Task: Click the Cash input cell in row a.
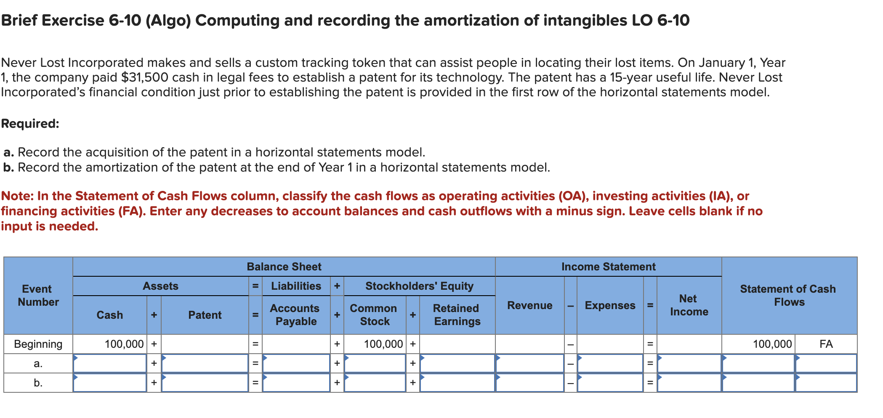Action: pyautogui.click(x=110, y=363)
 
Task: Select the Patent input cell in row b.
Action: pyautogui.click(x=205, y=383)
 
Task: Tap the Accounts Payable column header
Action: pyautogui.click(x=296, y=315)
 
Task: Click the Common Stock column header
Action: pyautogui.click(x=374, y=315)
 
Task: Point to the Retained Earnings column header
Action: pyautogui.click(x=457, y=315)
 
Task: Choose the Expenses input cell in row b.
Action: pyautogui.click(x=610, y=383)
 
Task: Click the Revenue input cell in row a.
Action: pyautogui.click(x=530, y=363)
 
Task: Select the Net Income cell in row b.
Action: pyautogui.click(x=689, y=383)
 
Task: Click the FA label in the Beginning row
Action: pyautogui.click(x=826, y=344)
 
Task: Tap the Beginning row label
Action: pyautogui.click(x=38, y=344)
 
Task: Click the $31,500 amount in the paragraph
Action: pyautogui.click(x=145, y=77)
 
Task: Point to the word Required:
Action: pyautogui.click(x=30, y=124)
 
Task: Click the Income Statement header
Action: pyautogui.click(x=609, y=267)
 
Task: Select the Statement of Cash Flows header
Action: pyautogui.click(x=788, y=295)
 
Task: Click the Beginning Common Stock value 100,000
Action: pyautogui.click(x=383, y=344)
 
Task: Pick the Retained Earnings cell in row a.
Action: pyautogui.click(x=457, y=363)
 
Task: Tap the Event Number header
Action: pyautogui.click(x=38, y=295)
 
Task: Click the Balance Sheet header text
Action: pyautogui.click(x=284, y=267)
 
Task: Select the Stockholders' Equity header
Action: pyautogui.click(x=419, y=286)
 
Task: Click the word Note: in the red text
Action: pyautogui.click(x=17, y=196)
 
